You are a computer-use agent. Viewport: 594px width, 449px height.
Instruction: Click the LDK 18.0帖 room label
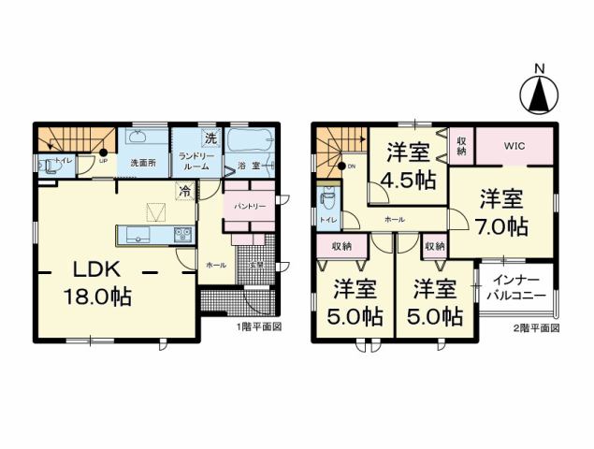click(97, 283)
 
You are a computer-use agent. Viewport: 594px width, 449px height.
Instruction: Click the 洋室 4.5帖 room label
click(409, 167)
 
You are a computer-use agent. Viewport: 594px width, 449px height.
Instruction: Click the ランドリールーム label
click(196, 160)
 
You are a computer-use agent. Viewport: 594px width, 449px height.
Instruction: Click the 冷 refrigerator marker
click(185, 193)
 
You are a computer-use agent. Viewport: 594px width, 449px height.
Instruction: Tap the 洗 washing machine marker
click(210, 139)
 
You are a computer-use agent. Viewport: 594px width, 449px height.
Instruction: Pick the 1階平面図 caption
click(259, 327)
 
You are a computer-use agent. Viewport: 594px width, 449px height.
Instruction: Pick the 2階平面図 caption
click(536, 327)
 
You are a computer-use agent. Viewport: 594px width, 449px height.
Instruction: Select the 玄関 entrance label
click(255, 266)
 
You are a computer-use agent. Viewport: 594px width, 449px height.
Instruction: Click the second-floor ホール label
click(394, 217)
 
